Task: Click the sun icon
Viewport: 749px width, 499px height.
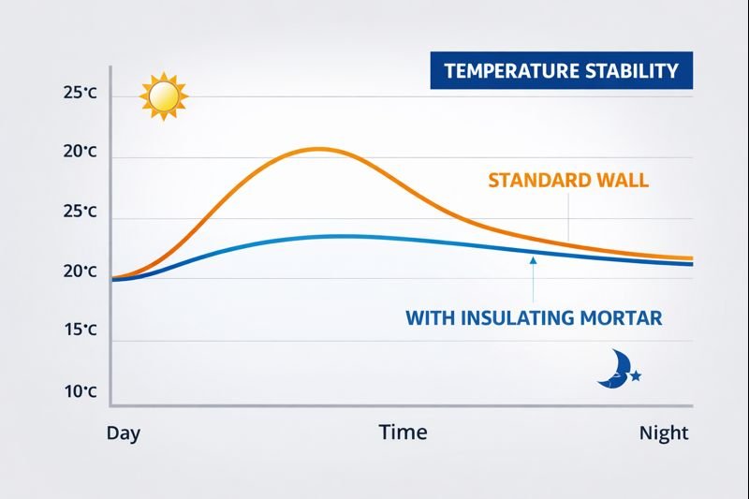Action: click(x=164, y=95)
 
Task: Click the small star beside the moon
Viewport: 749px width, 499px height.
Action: click(x=637, y=375)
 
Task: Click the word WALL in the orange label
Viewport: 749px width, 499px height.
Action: click(x=622, y=181)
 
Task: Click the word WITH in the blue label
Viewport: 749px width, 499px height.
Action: click(x=430, y=318)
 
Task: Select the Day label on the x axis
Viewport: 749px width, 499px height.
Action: click(x=124, y=433)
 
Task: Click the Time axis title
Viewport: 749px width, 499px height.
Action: click(x=403, y=432)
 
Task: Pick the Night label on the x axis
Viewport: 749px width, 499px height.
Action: click(x=664, y=433)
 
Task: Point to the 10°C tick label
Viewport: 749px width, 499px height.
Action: click(x=80, y=391)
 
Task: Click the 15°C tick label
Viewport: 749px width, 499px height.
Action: click(x=80, y=330)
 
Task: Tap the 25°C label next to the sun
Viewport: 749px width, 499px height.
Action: click(x=80, y=94)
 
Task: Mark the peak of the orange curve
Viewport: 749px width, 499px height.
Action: click(x=318, y=149)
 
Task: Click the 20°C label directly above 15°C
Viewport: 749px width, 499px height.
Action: click(x=80, y=272)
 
